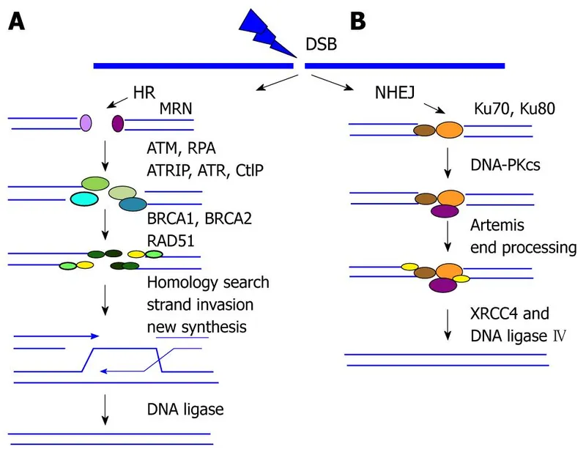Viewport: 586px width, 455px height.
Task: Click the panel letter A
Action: [18, 22]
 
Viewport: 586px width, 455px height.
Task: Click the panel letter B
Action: [359, 21]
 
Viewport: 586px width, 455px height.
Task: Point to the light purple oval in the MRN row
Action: [86, 123]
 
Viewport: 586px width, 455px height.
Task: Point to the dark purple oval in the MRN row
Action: [118, 124]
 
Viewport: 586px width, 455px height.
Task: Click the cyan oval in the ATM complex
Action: [86, 199]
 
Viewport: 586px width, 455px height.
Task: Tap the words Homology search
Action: [208, 282]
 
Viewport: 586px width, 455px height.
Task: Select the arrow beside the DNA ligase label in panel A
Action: [107, 409]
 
